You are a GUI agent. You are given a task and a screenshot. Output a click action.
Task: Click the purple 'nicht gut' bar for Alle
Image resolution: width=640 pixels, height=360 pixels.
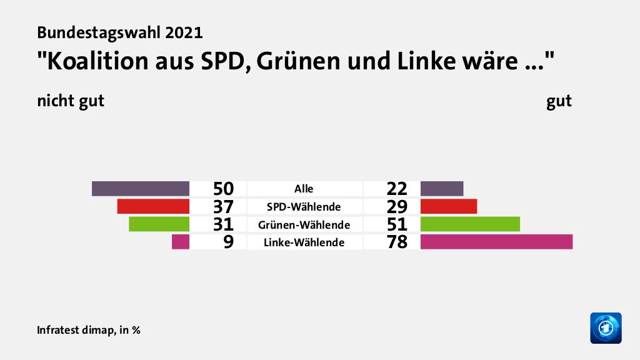[x=141, y=189]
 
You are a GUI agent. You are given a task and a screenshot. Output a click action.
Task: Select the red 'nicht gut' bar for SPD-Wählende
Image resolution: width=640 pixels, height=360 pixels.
[x=153, y=206]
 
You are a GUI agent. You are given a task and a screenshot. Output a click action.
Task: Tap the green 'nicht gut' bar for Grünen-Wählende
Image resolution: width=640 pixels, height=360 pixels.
[x=159, y=224]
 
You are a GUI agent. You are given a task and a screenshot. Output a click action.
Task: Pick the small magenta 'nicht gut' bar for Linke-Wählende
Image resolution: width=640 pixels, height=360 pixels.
[x=181, y=241]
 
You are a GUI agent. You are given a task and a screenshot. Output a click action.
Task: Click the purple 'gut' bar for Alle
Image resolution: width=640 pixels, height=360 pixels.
[x=442, y=189]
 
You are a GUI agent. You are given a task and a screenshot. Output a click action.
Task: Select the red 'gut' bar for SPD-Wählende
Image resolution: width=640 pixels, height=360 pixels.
[x=449, y=206]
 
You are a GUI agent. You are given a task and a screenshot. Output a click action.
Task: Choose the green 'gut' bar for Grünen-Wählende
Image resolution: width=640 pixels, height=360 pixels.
[x=470, y=224]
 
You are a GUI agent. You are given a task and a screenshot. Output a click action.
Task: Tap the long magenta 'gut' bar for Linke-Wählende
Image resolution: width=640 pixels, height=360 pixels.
[x=496, y=241]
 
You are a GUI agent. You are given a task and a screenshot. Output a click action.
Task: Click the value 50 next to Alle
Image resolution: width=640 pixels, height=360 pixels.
[x=222, y=189]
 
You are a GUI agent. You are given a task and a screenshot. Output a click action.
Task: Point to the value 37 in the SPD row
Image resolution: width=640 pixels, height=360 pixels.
[x=222, y=206]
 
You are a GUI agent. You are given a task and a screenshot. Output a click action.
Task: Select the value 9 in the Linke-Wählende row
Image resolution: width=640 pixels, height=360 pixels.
[x=229, y=242]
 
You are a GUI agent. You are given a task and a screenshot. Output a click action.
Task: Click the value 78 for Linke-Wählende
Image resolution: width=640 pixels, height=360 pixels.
[x=397, y=242]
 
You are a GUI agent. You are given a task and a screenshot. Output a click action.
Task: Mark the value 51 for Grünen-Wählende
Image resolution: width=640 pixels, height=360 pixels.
[x=397, y=224]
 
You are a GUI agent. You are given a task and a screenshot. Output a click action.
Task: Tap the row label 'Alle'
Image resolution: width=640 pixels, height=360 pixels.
[x=304, y=189]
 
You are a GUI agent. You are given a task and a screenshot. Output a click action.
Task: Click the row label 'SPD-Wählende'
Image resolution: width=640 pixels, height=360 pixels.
[x=304, y=206]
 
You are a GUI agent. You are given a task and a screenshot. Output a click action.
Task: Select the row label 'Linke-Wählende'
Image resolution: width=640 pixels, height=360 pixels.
[x=304, y=242]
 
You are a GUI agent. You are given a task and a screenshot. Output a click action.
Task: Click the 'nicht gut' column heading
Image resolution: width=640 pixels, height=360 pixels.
[x=70, y=101]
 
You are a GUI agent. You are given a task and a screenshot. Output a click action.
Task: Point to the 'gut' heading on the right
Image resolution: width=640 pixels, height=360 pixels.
[x=559, y=101]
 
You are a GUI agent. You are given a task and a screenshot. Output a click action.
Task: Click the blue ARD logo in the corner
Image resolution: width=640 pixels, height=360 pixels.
[x=606, y=327]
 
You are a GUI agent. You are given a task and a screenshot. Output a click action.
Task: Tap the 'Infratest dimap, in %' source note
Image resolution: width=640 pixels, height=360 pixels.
[x=88, y=329]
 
